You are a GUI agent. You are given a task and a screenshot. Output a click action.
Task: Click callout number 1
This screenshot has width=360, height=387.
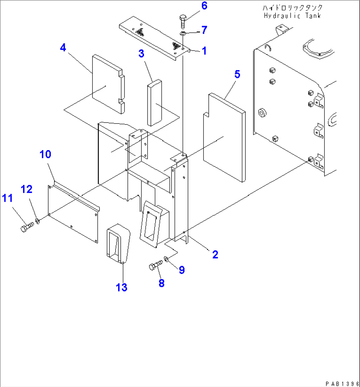click(204, 51)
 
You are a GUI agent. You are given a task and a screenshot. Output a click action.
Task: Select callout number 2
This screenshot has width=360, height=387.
click(215, 254)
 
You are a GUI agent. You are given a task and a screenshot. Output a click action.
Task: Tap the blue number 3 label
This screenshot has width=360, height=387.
click(141, 53)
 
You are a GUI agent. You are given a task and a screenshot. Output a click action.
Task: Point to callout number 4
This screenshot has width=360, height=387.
click(63, 48)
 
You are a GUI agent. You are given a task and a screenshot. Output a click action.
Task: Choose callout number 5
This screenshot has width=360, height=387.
click(237, 75)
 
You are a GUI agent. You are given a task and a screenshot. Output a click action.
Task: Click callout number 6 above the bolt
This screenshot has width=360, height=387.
click(204, 6)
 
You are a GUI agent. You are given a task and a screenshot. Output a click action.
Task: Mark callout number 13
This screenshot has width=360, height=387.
click(122, 287)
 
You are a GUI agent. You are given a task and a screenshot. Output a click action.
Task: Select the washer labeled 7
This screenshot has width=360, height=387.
click(182, 33)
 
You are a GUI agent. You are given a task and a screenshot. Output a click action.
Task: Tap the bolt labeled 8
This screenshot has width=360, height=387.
click(156, 264)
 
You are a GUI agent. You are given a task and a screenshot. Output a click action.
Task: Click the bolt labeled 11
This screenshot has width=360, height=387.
click(26, 228)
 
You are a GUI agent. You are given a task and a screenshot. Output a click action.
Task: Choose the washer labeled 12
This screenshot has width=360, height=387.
click(38, 220)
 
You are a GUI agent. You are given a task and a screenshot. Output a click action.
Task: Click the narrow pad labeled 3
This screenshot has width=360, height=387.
click(154, 103)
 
